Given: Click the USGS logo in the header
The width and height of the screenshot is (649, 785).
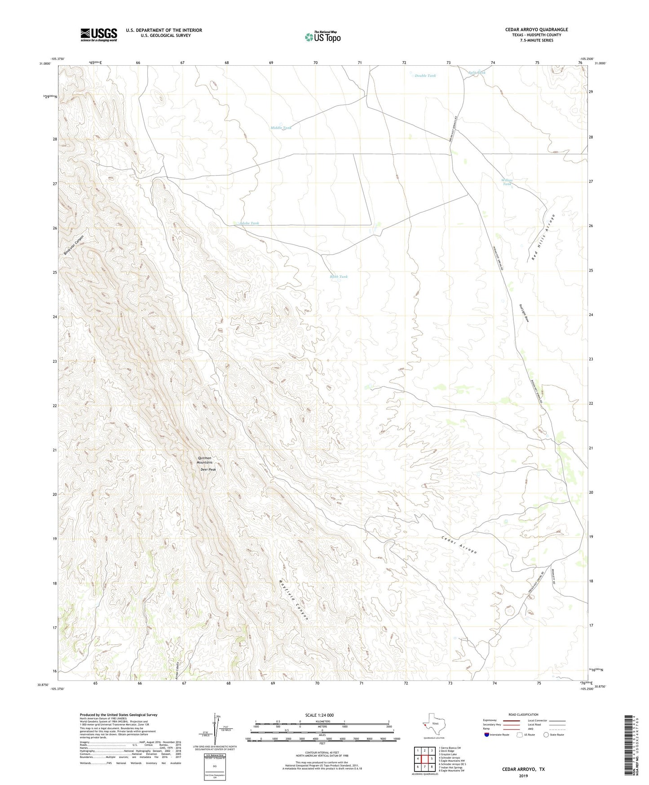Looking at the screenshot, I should pyautogui.click(x=99, y=35).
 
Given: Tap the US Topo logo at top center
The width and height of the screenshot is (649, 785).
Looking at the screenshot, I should pyautogui.click(x=322, y=37).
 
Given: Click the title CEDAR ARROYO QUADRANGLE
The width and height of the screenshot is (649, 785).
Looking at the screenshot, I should pyautogui.click(x=536, y=30).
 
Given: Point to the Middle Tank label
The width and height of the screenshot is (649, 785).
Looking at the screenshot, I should pyautogui.click(x=281, y=128).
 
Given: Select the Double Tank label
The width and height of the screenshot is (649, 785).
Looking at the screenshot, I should pyautogui.click(x=425, y=76).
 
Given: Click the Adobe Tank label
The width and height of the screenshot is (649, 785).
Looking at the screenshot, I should pyautogui.click(x=249, y=223).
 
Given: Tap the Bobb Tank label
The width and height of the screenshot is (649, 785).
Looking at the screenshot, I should pyautogui.click(x=339, y=277).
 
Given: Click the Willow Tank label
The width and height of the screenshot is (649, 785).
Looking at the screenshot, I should pyautogui.click(x=507, y=182).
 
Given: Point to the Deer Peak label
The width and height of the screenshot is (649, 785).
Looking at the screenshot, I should pyautogui.click(x=208, y=470).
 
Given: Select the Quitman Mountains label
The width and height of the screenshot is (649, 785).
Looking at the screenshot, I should pyautogui.click(x=204, y=460).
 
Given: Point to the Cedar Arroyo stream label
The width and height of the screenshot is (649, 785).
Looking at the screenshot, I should pyautogui.click(x=459, y=544).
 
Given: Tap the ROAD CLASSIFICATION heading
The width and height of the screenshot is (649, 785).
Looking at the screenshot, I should pyautogui.click(x=523, y=714).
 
